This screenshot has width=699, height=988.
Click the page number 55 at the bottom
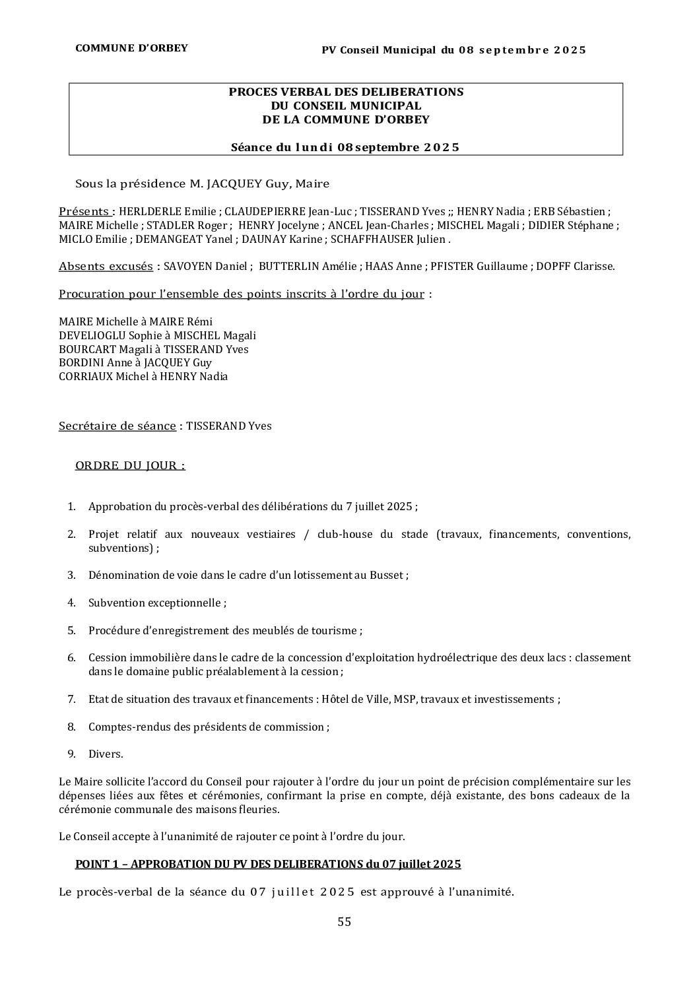pyautogui.click(x=344, y=922)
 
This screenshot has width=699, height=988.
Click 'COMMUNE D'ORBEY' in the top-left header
pyautogui.click(x=131, y=48)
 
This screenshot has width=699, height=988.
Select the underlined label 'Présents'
pyautogui.click(x=84, y=212)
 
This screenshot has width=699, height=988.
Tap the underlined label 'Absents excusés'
pyautogui.click(x=106, y=267)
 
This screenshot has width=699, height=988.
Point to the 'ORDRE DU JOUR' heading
pyautogui.click(x=130, y=466)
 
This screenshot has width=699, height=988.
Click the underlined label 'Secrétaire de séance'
pyautogui.click(x=117, y=426)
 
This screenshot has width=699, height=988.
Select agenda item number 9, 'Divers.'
pyautogui.click(x=106, y=754)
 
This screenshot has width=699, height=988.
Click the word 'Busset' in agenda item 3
pyautogui.click(x=387, y=576)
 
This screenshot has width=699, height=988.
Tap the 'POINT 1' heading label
pyautogui.click(x=98, y=865)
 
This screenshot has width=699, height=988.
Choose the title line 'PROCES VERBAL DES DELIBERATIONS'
pyautogui.click(x=346, y=92)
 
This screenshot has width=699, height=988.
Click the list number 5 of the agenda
pyautogui.click(x=71, y=631)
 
